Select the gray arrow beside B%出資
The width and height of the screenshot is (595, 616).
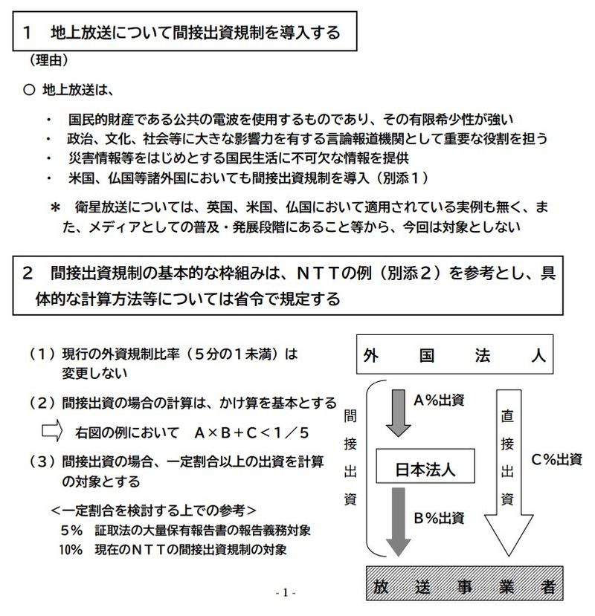coord(399,520)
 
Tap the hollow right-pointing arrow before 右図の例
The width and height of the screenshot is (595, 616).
coord(51,431)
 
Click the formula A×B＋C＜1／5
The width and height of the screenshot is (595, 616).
coord(252,432)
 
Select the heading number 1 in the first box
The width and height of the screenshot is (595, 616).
coord(28,32)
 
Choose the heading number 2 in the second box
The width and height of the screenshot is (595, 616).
coord(28,273)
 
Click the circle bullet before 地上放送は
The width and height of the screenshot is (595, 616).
coord(29,91)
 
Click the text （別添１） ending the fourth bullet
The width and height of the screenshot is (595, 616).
coord(399,178)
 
